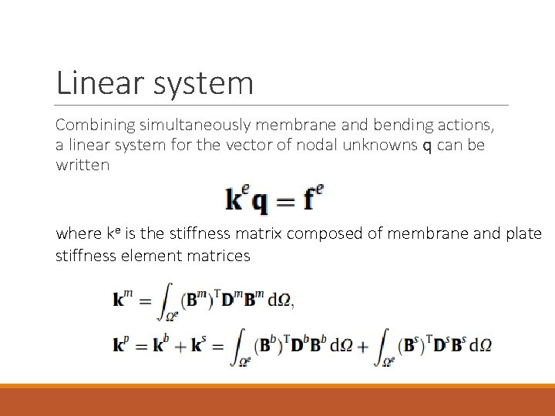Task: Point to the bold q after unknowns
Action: tap(427, 146)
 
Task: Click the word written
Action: tap(82, 166)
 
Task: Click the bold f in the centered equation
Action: tap(308, 200)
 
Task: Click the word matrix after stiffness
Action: tap(257, 234)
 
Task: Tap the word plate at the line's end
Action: tap(523, 234)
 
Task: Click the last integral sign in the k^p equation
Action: tap(383, 346)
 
